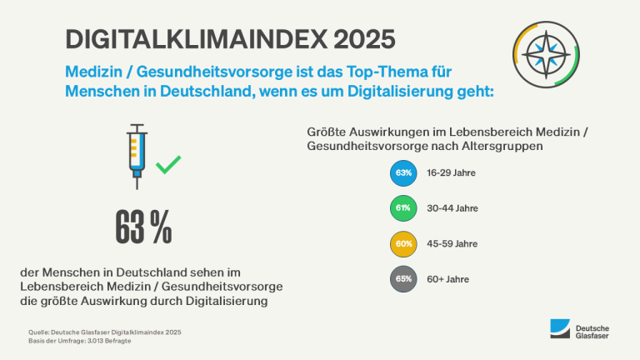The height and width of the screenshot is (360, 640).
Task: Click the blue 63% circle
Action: (404, 173)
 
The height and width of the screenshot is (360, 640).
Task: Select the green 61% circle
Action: (404, 208)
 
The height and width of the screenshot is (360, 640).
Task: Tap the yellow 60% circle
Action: (404, 243)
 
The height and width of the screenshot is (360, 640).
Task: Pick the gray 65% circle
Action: (404, 278)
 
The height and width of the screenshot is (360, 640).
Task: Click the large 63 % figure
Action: (143, 227)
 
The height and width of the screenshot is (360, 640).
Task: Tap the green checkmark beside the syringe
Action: (168, 163)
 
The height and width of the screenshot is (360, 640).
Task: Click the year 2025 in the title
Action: (356, 39)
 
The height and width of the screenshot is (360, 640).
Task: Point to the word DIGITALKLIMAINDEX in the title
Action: (184, 39)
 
